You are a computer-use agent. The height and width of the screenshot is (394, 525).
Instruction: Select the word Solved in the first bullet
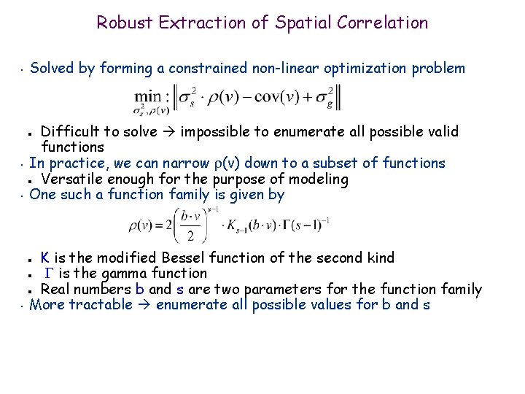tap(52, 69)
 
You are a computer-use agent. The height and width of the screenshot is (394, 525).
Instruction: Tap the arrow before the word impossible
tap(169, 132)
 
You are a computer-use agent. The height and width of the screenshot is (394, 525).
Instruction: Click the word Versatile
tap(71, 179)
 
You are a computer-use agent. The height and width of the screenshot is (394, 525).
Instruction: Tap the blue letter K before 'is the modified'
tap(45, 258)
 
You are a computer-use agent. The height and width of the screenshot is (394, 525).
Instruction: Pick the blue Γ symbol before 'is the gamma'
tap(49, 274)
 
